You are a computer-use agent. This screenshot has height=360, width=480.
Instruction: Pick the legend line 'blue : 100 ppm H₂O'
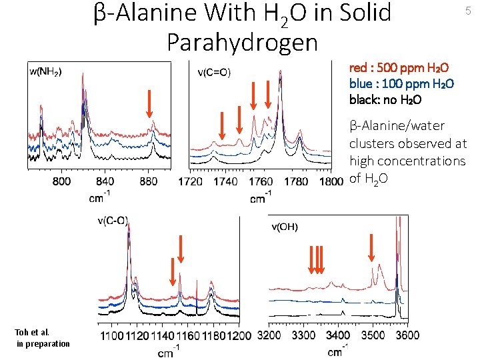401,84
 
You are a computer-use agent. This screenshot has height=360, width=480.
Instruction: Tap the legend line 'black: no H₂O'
385,100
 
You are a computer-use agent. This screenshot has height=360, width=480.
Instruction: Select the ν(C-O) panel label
112,222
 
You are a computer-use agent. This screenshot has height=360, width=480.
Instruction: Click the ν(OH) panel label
285,227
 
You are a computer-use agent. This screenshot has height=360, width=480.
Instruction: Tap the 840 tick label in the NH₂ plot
105,181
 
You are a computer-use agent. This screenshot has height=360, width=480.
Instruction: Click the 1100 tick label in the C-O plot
109,335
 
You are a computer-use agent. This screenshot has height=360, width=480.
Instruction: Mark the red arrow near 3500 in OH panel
371,247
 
